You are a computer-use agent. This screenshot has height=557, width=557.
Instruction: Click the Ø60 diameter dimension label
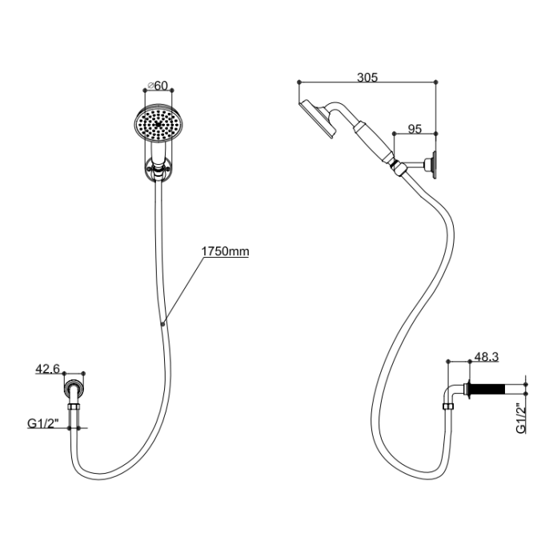click(x=157, y=85)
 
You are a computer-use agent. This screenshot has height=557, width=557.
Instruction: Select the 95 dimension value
click(x=415, y=127)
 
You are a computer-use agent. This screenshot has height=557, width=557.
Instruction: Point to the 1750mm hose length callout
click(x=226, y=251)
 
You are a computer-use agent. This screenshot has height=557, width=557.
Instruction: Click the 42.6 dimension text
click(x=47, y=368)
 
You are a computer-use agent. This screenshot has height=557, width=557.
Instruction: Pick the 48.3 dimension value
click(x=488, y=358)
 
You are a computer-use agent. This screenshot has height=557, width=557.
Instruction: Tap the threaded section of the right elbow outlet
click(x=492, y=392)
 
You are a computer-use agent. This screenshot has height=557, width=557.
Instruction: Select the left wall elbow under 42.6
click(x=74, y=391)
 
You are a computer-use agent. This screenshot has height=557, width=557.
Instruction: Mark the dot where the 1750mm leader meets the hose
click(x=163, y=323)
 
